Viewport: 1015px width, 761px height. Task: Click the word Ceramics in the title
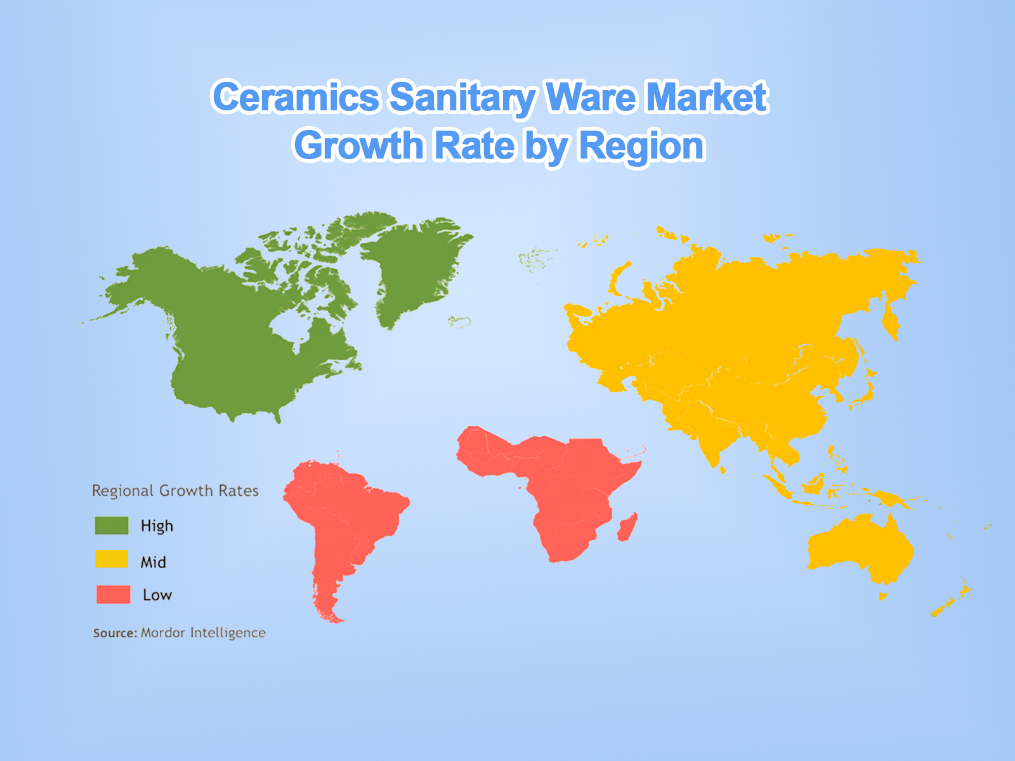(x=296, y=97)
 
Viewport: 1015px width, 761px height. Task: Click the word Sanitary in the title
(x=462, y=97)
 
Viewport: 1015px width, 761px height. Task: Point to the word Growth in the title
(x=359, y=146)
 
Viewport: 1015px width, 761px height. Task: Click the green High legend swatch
(x=112, y=526)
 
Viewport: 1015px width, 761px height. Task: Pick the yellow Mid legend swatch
(x=112, y=559)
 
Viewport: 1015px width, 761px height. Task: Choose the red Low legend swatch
(x=113, y=594)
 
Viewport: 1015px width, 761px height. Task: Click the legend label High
(x=157, y=526)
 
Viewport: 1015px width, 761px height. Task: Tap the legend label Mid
(x=154, y=562)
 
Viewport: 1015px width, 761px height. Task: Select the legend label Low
(x=157, y=595)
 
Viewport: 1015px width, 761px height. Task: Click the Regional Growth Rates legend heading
(x=175, y=491)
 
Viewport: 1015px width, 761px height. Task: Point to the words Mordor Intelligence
(x=203, y=633)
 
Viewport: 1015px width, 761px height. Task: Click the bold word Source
(x=115, y=633)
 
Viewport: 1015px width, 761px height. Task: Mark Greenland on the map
(x=412, y=266)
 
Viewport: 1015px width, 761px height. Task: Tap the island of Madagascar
(x=627, y=528)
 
